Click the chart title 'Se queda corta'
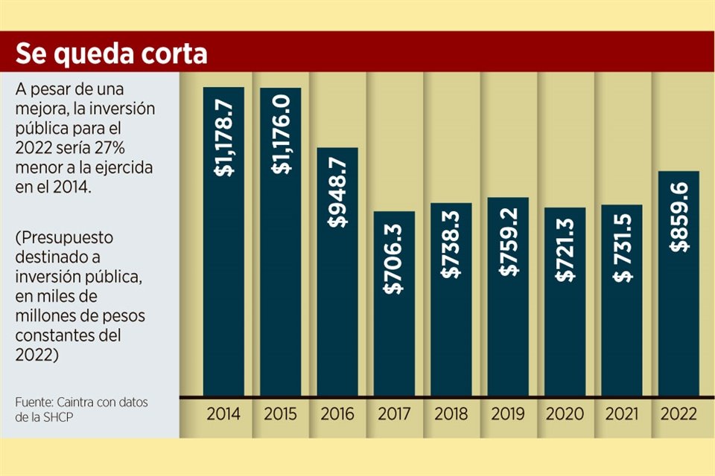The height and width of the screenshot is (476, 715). [112, 53]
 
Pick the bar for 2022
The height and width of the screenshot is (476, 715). [678, 312]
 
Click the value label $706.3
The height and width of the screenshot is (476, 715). [394, 257]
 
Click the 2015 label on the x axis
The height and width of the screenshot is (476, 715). [280, 414]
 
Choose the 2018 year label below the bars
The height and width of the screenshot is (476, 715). [451, 414]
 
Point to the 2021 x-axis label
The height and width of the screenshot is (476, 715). [621, 414]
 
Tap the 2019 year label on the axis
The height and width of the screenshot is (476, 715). [507, 414]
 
